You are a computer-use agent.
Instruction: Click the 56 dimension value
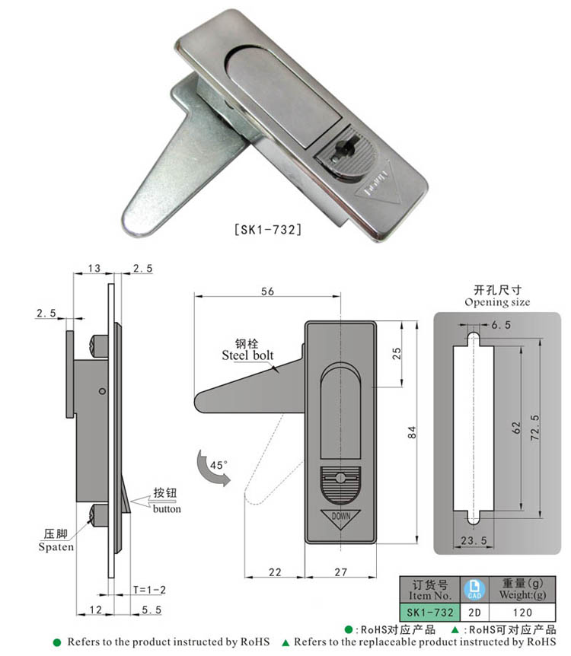[266, 291]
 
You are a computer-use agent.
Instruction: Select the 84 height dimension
[412, 431]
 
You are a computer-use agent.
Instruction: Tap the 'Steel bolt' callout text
[247, 355]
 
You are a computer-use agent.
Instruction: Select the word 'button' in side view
[167, 509]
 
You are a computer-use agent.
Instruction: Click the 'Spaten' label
[57, 546]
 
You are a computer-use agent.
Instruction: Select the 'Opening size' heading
[497, 302]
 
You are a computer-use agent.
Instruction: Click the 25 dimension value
[396, 353]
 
